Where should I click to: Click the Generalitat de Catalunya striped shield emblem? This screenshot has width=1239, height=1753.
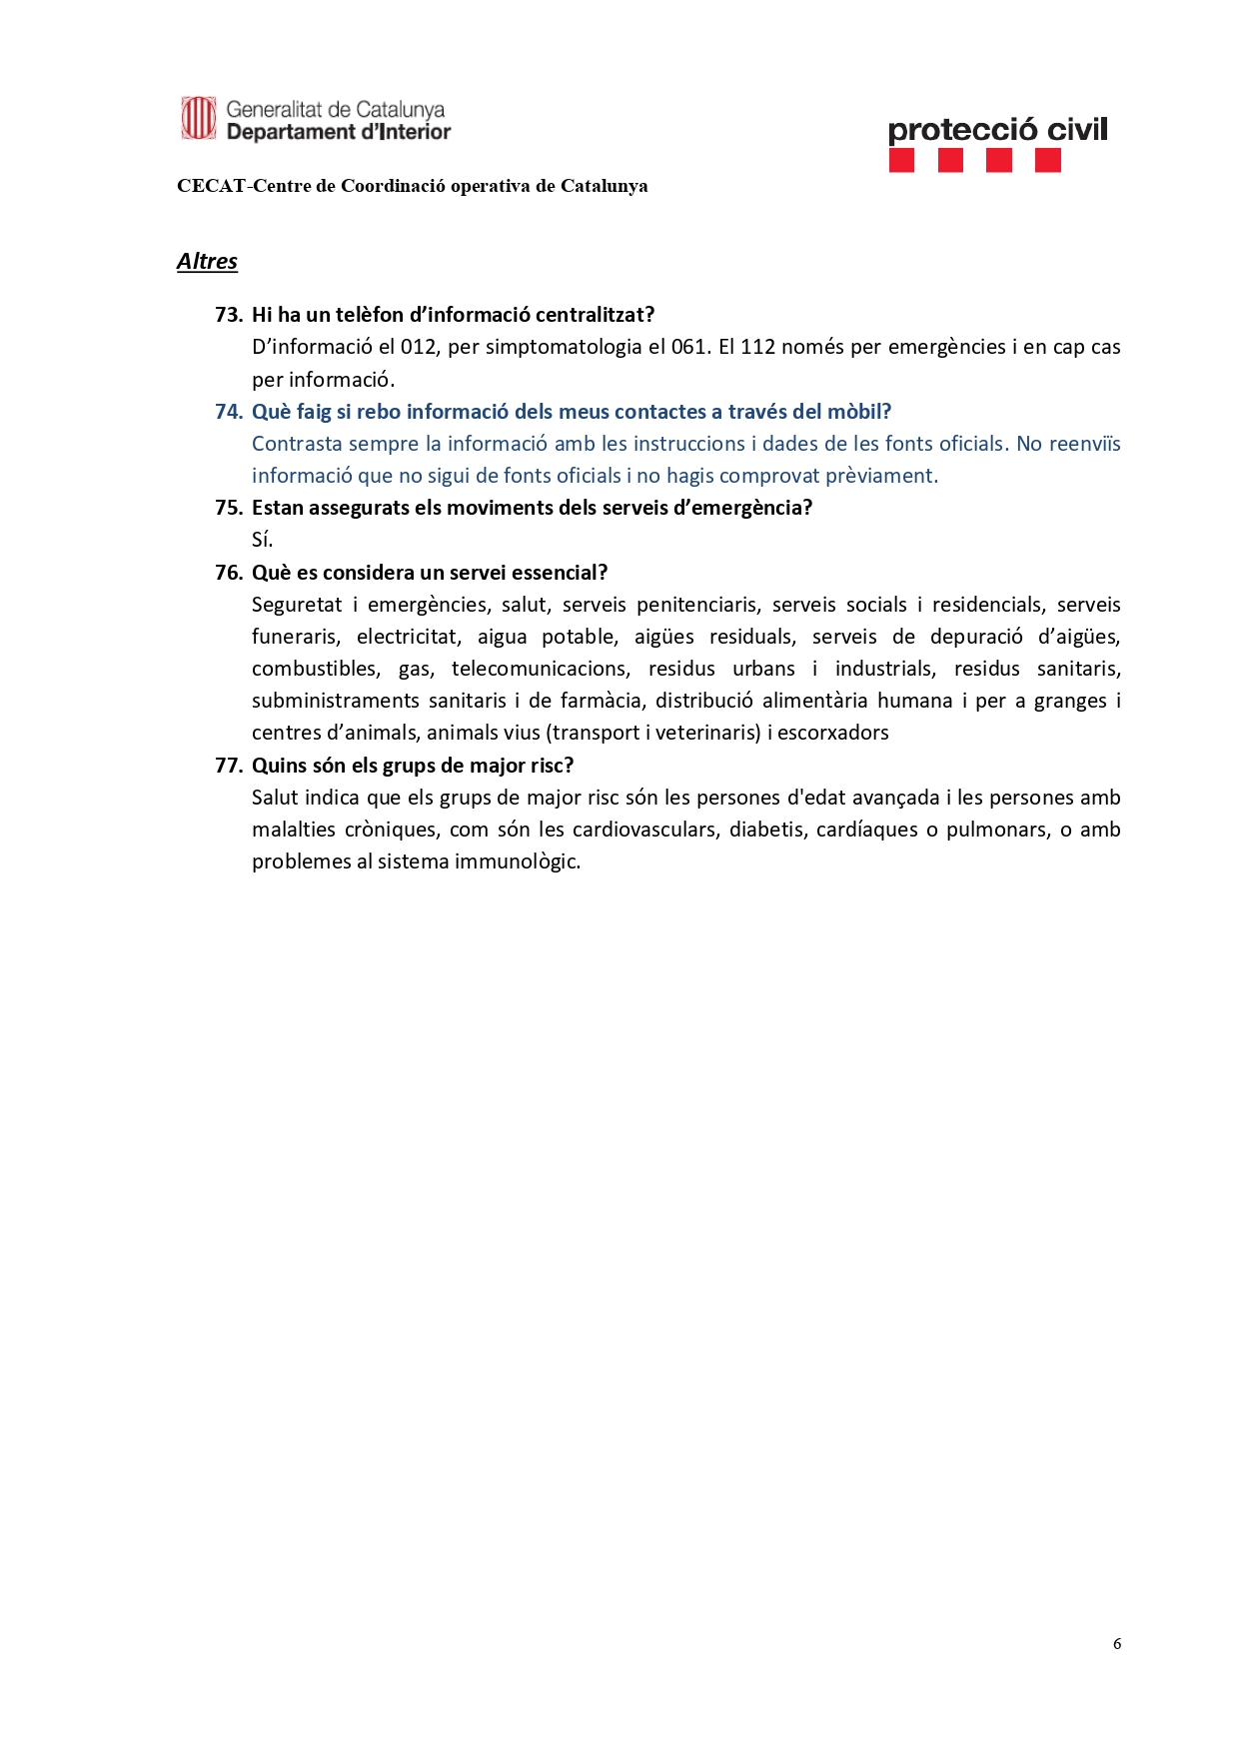tap(198, 119)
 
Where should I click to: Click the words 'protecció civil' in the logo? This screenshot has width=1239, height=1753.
tap(997, 130)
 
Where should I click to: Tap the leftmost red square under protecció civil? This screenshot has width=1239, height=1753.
tap(901, 160)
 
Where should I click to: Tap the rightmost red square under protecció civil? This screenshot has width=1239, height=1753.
tap(1048, 160)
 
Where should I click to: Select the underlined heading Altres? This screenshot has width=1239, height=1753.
tap(207, 262)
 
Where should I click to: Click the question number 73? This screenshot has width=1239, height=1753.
tap(229, 315)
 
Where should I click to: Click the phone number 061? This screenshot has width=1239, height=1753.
tap(688, 347)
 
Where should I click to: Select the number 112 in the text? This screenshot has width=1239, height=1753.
tap(757, 347)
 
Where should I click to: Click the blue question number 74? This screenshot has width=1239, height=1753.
tap(229, 412)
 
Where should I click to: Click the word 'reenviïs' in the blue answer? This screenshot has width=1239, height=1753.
tap(1084, 444)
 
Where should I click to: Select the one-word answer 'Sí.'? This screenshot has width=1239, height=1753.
tap(262, 541)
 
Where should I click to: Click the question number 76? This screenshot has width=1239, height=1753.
tap(229, 573)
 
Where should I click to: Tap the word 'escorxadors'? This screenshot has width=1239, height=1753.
tap(832, 733)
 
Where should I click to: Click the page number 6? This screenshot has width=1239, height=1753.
tap(1116, 1644)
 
